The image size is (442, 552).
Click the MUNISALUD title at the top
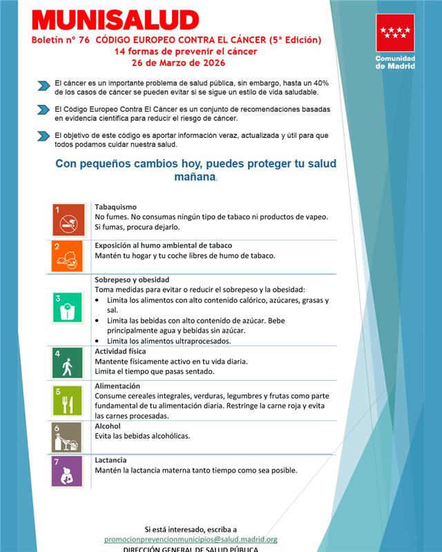tap(115, 21)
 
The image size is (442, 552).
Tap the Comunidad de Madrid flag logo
tap(395, 32)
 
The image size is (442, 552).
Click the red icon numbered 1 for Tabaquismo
tap(67, 219)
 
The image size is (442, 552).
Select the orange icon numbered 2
tap(67, 256)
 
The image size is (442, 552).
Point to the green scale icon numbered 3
tap(67, 308)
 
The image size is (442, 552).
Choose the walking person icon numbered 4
tap(67, 363)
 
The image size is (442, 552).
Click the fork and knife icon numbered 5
tap(67, 400)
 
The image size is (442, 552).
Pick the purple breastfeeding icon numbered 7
tap(67, 472)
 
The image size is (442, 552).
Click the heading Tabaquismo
tap(115, 207)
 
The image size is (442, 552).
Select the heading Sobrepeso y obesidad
tap(132, 279)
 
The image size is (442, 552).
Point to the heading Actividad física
tap(120, 351)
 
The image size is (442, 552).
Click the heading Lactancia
tap(110, 460)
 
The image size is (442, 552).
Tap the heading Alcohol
tap(108, 426)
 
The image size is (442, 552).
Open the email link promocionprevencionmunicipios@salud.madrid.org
tap(191, 539)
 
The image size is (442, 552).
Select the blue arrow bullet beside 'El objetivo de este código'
tap(44, 136)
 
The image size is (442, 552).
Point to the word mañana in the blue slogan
tap(195, 177)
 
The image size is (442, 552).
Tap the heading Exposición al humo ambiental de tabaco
tap(163, 245)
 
